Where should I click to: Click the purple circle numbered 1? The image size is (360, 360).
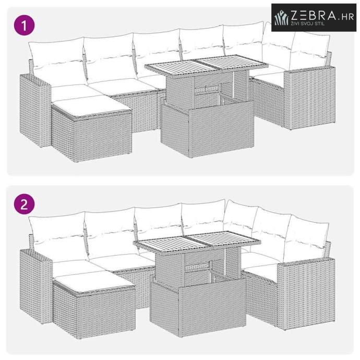[25, 25]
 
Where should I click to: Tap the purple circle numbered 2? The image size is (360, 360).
[25, 204]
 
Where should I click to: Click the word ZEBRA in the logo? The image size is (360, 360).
[313, 15]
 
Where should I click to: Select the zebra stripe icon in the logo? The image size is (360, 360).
[282, 18]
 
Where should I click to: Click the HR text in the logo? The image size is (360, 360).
[347, 17]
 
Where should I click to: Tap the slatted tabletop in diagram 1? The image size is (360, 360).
[206, 65]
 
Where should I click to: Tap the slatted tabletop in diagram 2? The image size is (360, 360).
[197, 242]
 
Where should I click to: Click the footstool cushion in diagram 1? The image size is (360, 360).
[91, 105]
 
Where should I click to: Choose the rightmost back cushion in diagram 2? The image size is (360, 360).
[305, 238]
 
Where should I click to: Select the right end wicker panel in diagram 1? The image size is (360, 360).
[310, 98]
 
